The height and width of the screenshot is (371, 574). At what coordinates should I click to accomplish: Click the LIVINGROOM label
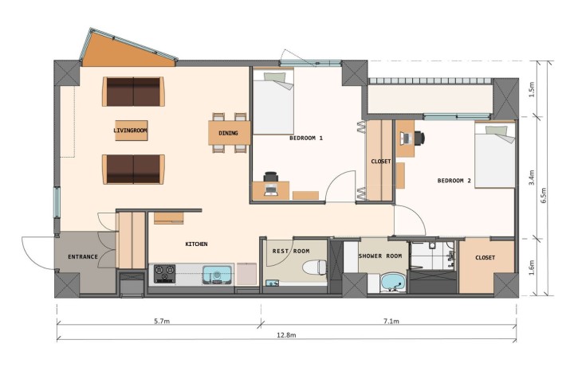[x=132, y=130]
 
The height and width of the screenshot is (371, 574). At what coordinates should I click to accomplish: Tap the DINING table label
[x=229, y=133]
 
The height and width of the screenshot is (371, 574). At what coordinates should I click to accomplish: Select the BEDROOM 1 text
[x=305, y=138]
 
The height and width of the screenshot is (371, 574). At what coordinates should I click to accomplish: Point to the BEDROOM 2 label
[x=454, y=181]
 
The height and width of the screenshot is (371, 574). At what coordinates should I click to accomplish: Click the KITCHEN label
[x=197, y=244]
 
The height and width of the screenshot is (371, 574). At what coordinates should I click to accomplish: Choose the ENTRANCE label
[x=82, y=257]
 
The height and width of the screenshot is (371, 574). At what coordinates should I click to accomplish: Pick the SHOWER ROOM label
[x=379, y=256]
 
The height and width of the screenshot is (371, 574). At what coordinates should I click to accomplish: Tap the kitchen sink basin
[x=216, y=275]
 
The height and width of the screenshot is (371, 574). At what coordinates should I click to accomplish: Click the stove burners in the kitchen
[x=165, y=273]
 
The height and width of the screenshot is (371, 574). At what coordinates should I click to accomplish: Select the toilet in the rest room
[x=320, y=266]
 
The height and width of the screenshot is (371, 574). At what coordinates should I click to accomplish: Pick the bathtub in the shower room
[x=392, y=282]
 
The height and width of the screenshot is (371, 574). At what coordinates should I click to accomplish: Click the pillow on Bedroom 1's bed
[x=275, y=77]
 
